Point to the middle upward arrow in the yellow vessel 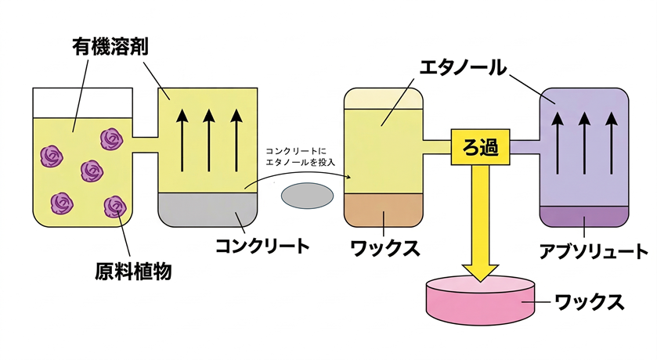(208, 141)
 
